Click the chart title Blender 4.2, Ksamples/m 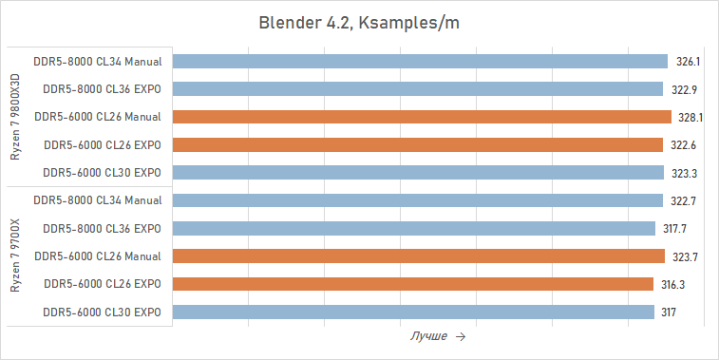click(359, 22)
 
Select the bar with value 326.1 click(421, 62)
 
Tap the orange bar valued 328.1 click(423, 118)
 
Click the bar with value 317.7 click(414, 229)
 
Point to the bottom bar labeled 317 click(414, 313)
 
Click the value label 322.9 click(686, 89)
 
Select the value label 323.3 click(687, 173)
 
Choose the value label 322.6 click(686, 145)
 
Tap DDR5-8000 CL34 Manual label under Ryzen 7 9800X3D click(97, 62)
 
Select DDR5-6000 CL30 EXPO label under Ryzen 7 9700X click(103, 313)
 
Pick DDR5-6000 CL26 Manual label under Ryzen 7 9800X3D click(97, 118)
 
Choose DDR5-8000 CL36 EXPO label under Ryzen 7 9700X click(103, 229)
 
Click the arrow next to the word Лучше click(461, 337)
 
